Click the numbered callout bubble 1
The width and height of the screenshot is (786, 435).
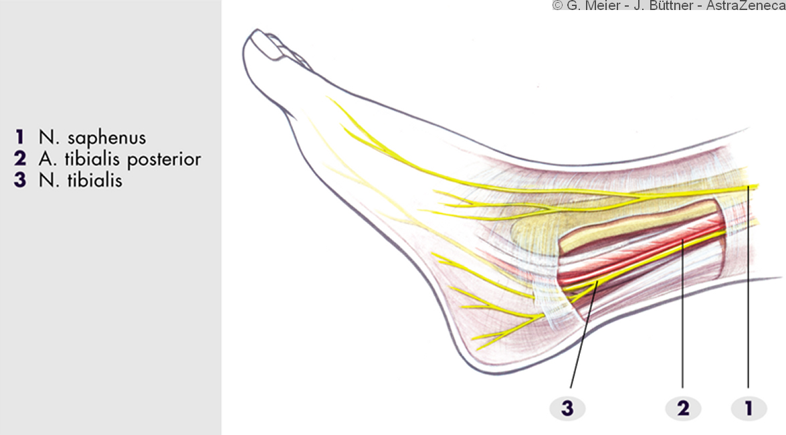[749, 408]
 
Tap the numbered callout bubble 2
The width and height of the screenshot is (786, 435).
[683, 408]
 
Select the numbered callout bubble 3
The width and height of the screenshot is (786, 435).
[567, 408]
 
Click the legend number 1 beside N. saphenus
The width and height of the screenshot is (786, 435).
[21, 139]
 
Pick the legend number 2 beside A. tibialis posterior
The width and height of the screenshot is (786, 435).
[21, 159]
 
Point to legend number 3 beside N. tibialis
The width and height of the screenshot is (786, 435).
[21, 180]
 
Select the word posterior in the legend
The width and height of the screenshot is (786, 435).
[167, 160]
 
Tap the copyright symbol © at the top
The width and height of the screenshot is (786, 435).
[557, 6]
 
